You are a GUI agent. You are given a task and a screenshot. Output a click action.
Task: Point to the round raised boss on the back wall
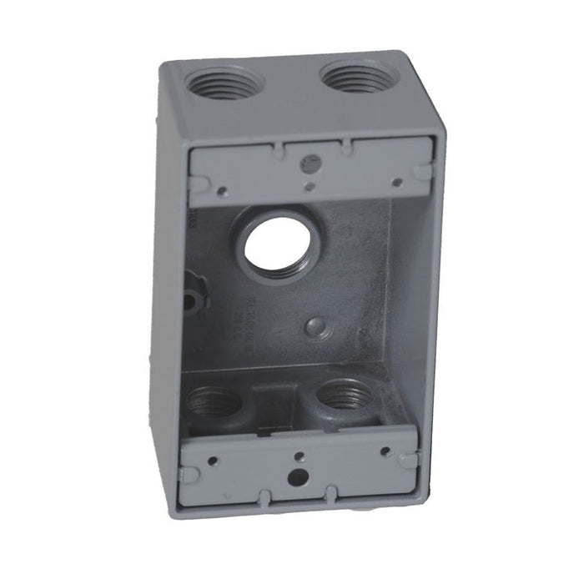pos(318,326)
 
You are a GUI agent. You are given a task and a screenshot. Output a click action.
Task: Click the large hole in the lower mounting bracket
pos(296,478)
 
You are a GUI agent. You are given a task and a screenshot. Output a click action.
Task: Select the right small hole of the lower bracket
pos(385,451)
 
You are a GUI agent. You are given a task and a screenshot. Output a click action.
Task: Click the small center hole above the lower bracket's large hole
pos(299,456)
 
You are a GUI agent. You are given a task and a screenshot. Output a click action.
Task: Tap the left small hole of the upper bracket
pos(222,191)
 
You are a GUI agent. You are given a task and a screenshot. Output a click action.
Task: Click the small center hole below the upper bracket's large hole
pos(310,187)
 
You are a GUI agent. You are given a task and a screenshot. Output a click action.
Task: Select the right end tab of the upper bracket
pos(423,173)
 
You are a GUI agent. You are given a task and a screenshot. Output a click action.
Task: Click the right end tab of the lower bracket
pos(408,460)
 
